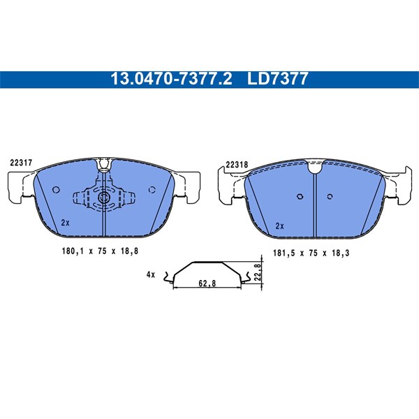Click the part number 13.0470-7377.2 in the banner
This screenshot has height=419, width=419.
pos(171,79)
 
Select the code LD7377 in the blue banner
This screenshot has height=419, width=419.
pos(278,79)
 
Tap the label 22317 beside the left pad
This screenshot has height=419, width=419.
pos(21,163)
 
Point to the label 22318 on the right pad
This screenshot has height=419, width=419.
pos(237,165)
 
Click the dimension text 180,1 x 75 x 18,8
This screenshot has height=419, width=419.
pos(100,251)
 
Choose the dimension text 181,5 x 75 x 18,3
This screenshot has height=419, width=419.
pos(311,253)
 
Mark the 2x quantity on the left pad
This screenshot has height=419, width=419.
pos(65,223)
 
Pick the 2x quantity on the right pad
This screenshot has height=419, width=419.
pos(279,226)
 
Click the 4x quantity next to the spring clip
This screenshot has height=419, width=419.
pos(151,274)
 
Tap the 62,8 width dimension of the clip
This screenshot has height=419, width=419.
pos(207,284)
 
